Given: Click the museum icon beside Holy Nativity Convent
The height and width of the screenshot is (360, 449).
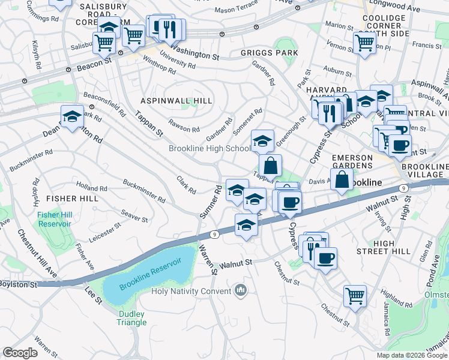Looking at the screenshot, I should [241, 291].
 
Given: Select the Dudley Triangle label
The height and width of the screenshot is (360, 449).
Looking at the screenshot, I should [132, 317].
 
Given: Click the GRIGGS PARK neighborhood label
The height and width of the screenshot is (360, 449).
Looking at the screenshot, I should [270, 53].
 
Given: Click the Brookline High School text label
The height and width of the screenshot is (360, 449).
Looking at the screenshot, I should [209, 148].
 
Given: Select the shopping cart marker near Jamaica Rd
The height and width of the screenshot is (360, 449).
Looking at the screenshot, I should [355, 295].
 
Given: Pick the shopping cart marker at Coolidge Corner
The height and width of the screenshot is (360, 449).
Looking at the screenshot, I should [364, 42].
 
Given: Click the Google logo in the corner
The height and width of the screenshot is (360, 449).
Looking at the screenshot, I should [20, 353].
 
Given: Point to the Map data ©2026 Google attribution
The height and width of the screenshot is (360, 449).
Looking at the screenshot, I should [412, 355].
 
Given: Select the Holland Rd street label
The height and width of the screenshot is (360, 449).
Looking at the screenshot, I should [92, 188].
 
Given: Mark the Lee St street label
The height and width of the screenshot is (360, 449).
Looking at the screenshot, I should [93, 294].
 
